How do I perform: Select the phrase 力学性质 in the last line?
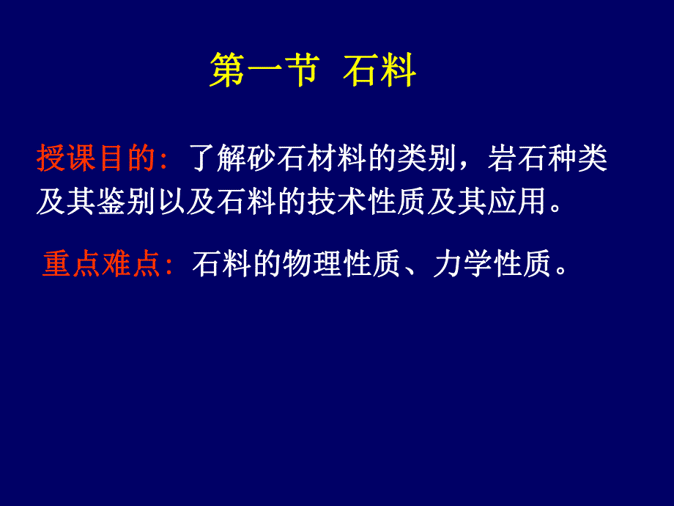492,265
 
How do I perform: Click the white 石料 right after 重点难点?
223,265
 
